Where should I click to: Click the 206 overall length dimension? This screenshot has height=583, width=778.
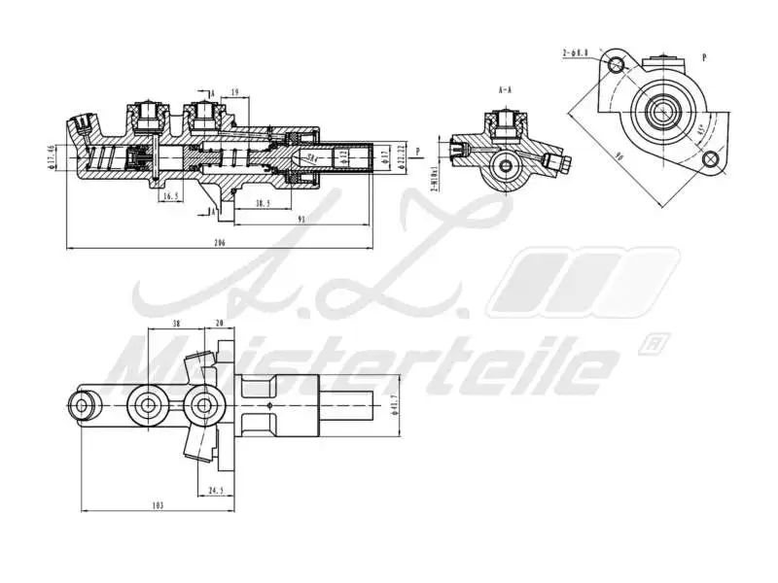220,243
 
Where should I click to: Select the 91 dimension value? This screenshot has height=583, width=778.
301,220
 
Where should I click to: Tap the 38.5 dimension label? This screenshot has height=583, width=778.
262,203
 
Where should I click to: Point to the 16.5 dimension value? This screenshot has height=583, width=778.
170,196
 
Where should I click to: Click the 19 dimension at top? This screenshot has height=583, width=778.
235,92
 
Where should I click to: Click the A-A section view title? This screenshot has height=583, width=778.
505,89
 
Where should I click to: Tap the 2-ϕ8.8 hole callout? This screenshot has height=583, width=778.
576,52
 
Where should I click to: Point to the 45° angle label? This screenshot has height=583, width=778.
700,128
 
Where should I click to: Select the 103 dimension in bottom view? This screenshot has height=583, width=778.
159,504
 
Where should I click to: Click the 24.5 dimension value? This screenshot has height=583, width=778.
216,491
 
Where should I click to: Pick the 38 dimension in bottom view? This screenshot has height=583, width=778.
175,325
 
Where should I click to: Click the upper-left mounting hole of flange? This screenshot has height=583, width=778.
615,64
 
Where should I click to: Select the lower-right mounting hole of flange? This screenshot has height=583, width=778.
719,162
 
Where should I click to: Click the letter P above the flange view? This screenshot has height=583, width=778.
703,57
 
